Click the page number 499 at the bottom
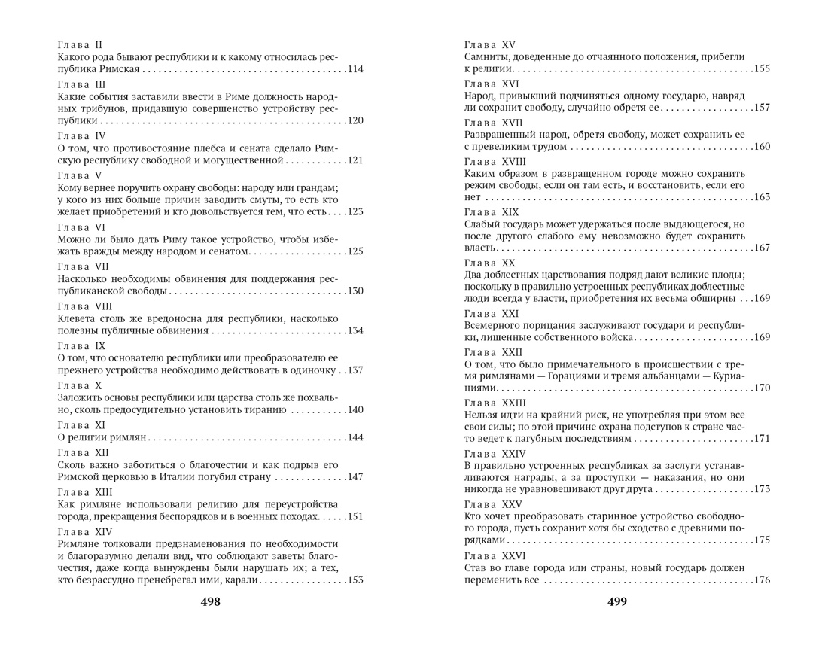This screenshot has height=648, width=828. pos(616,601)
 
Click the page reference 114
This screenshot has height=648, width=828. pos(355,69)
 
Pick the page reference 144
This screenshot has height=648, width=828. pos(355,437)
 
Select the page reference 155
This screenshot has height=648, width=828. pos(761,69)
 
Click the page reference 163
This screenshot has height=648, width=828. pos(761,197)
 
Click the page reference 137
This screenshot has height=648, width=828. pos(355,370)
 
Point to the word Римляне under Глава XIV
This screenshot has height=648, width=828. pos(82,543)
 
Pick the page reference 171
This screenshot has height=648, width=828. pos(761,438)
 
